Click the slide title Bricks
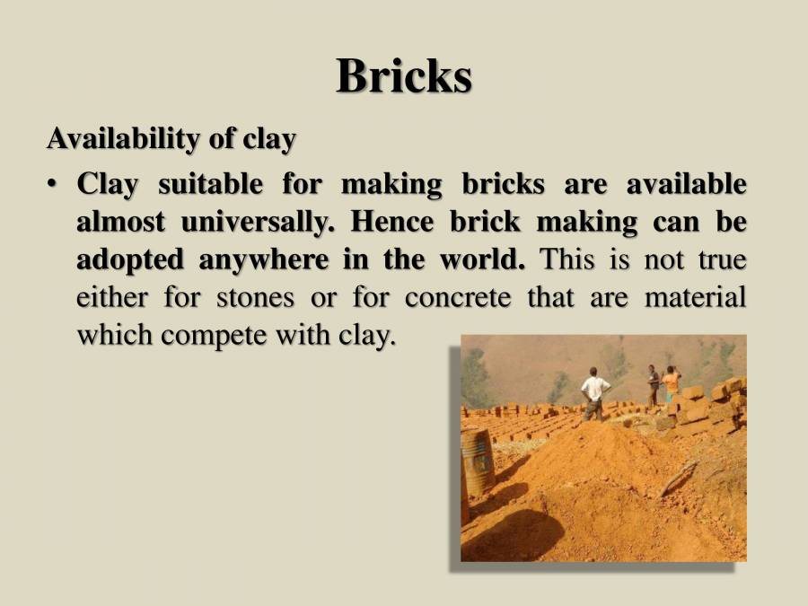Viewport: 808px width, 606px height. click(x=404, y=75)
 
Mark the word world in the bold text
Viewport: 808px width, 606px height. click(x=480, y=259)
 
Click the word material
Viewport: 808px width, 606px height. click(x=695, y=297)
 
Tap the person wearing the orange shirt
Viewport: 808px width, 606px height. click(x=670, y=384)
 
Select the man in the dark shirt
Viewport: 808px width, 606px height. click(x=653, y=384)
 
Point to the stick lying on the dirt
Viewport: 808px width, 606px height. click(x=681, y=477)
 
